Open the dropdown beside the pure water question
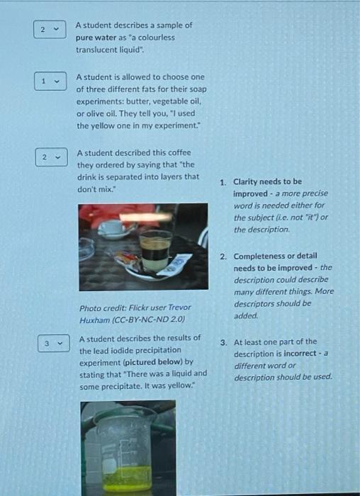click(50, 30)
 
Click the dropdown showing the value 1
click(50, 81)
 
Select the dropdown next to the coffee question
click(51, 157)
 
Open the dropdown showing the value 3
click(53, 343)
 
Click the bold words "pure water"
click(96, 38)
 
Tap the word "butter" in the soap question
click(136, 101)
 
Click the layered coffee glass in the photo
click(155, 251)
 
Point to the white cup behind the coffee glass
click(112, 230)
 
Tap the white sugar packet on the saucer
click(174, 264)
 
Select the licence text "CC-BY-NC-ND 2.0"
click(150, 320)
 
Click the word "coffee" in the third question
click(180, 152)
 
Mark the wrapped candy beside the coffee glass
click(127, 260)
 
